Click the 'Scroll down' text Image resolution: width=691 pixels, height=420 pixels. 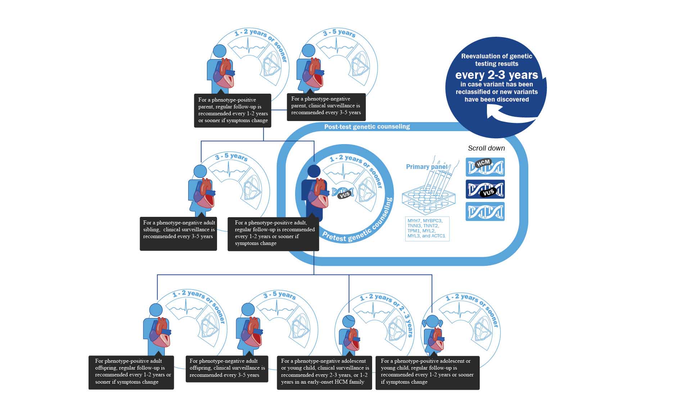[x=486, y=148]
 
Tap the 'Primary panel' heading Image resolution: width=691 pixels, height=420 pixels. [x=426, y=167]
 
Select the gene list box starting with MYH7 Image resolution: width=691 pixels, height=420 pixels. [x=427, y=228]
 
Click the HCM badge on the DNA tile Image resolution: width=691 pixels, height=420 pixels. [x=483, y=163]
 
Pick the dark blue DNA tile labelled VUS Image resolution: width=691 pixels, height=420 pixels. [x=485, y=189]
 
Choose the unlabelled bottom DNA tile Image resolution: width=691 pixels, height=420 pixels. [x=485, y=211]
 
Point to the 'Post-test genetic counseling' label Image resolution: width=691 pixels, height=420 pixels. [x=367, y=127]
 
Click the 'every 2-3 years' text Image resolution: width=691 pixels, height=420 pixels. [x=496, y=75]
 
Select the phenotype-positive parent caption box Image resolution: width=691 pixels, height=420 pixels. [x=232, y=110]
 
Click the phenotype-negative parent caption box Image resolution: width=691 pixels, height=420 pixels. [x=326, y=106]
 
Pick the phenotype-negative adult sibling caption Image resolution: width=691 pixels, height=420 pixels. [x=178, y=233]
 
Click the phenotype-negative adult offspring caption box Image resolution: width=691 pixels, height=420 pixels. [x=227, y=369]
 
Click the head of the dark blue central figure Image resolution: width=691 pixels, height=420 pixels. [x=313, y=171]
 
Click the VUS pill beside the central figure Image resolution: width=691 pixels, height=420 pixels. [x=345, y=195]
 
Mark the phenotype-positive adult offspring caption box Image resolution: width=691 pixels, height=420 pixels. [x=131, y=372]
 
